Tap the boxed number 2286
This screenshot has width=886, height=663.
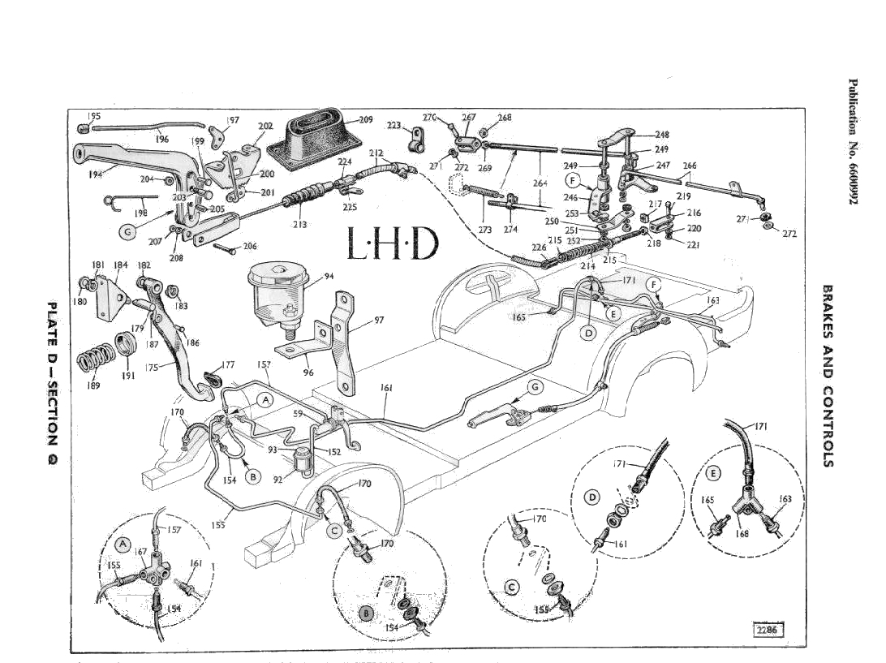click(x=766, y=630)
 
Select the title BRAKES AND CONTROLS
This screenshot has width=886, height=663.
click(x=828, y=375)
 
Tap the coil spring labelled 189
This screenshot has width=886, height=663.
click(x=93, y=359)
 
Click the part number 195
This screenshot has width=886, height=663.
click(x=93, y=116)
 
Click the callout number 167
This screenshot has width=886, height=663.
click(x=140, y=552)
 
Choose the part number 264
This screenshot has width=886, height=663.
click(x=540, y=183)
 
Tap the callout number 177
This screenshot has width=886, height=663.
click(x=228, y=364)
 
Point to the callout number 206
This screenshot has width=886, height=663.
click(x=250, y=246)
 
